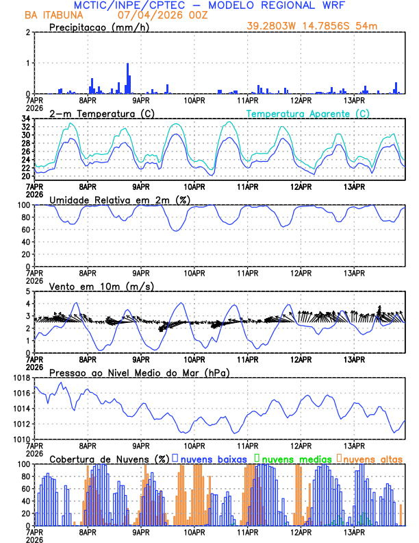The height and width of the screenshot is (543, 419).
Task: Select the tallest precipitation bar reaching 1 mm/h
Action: (127, 78)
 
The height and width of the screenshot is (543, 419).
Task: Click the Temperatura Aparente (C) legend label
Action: (308, 113)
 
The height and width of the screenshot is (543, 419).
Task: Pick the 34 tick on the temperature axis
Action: (25, 119)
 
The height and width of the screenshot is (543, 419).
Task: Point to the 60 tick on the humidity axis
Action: (25, 230)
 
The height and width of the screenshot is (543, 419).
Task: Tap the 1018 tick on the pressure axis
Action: (21, 378)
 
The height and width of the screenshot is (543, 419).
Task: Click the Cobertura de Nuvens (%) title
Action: (109, 459)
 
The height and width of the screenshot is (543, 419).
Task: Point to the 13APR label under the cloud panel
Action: (354, 531)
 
